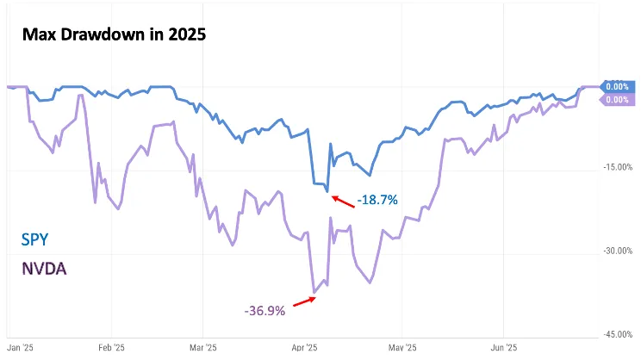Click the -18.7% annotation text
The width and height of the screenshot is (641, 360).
[377, 200]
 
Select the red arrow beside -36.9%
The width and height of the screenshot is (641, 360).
[303, 301]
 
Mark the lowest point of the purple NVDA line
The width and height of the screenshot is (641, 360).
[314, 293]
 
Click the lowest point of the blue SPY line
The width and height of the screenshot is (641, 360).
[327, 190]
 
